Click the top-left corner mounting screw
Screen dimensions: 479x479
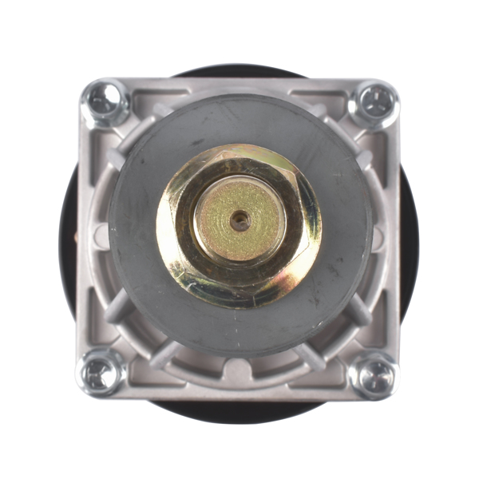pyautogui.click(x=105, y=101)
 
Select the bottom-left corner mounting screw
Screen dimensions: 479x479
pyautogui.click(x=101, y=371)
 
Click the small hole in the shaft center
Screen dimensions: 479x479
pyautogui.click(x=239, y=220)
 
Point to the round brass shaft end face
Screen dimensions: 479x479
pyautogui.click(x=239, y=220)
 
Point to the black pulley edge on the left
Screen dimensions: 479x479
pyautogui.click(x=67, y=239)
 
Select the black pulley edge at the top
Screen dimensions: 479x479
pyautogui.click(x=239, y=71)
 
